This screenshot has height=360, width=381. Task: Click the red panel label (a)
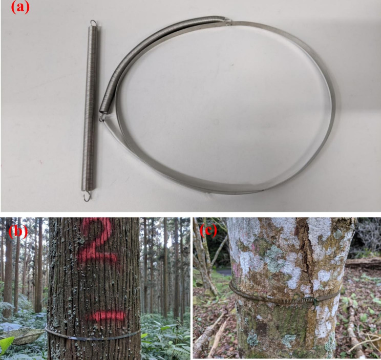click(x=20, y=8)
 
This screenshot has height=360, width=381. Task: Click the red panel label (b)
click(x=18, y=231)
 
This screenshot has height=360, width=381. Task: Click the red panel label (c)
click(x=208, y=231)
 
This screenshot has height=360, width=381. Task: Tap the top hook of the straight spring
click(x=94, y=23)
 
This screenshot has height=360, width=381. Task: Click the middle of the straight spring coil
click(x=90, y=108)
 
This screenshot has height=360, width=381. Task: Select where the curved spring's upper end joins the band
click(x=228, y=22)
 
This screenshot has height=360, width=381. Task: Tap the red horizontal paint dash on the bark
click(x=108, y=315)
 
